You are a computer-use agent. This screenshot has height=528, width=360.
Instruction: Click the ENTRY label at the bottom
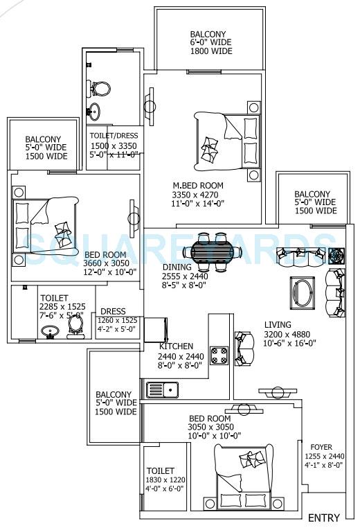323,518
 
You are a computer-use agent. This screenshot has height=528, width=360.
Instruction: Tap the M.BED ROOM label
198,185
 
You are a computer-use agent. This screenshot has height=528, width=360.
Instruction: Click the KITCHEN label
176,346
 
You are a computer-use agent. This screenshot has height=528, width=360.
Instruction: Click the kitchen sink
162,390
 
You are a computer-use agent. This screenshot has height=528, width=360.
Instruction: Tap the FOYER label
321,446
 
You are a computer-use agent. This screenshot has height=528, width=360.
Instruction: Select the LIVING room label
277,324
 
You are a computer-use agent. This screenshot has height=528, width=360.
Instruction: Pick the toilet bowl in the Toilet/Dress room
102,89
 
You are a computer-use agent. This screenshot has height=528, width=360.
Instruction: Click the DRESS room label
113,311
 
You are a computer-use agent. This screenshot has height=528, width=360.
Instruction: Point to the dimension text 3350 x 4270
198,195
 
